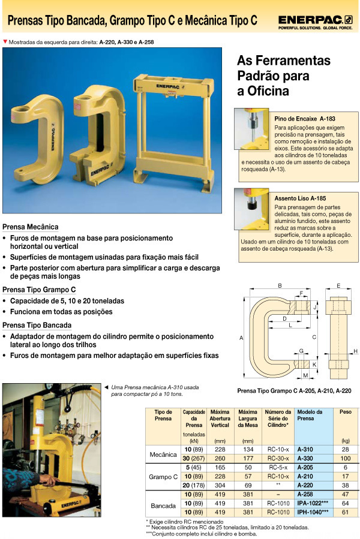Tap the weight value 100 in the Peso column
[345, 458]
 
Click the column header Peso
[346, 412]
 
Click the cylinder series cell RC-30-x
[278, 458]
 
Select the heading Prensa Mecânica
[31, 227]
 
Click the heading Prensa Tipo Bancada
[37, 325]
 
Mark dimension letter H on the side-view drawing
[355, 351]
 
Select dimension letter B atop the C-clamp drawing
[280, 285]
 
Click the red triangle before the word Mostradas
[5, 42]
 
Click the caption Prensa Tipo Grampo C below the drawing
[294, 390]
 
